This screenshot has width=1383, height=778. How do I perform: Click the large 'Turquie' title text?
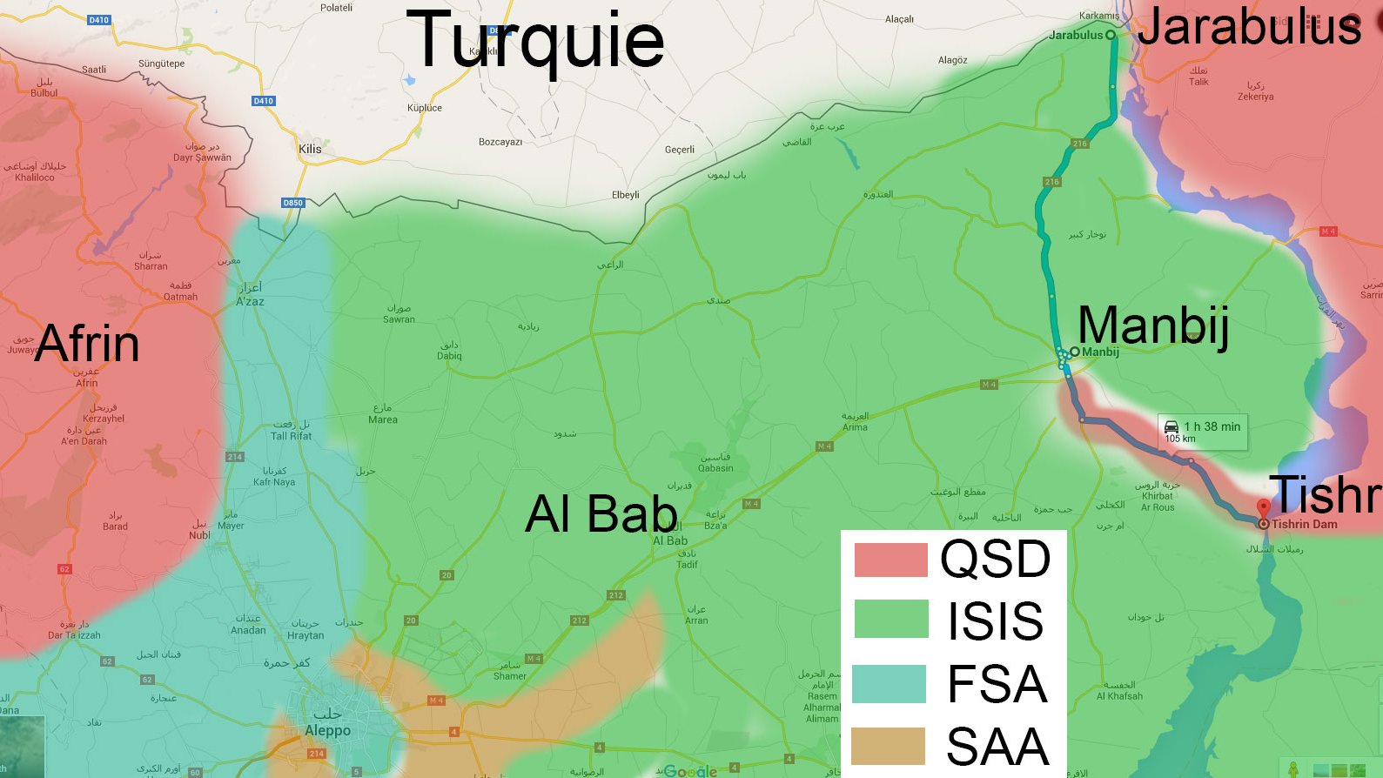coord(535,42)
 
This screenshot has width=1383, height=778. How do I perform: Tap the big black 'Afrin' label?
coord(87,343)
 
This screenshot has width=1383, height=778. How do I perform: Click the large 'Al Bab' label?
coord(601,513)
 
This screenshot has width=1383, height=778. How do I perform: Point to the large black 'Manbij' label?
coord(1153,325)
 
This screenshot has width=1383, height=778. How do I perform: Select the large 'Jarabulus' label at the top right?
coord(1249,26)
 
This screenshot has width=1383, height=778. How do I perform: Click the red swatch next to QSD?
coord(890,560)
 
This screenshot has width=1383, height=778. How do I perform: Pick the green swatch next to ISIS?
coord(890,619)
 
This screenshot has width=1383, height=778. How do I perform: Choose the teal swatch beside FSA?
coord(889,683)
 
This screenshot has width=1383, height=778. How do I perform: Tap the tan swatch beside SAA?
coord(888,746)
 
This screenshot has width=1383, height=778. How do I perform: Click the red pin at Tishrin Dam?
coord(1263,507)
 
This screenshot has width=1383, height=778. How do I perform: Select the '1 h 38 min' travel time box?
coord(1202,431)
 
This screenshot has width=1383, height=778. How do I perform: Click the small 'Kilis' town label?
coord(310,149)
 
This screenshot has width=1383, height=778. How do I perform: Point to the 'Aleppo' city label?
coord(327,730)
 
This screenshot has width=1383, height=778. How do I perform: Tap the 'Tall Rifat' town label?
coord(291,435)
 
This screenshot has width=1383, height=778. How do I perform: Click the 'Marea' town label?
coord(383,419)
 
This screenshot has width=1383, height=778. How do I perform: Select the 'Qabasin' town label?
coord(715,467)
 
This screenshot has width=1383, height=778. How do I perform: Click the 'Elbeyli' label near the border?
coord(625,194)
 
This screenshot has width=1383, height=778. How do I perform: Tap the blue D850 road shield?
coord(293,203)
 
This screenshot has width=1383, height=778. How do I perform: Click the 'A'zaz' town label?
coord(250,301)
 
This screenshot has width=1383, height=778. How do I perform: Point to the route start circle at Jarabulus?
coord(1111,35)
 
